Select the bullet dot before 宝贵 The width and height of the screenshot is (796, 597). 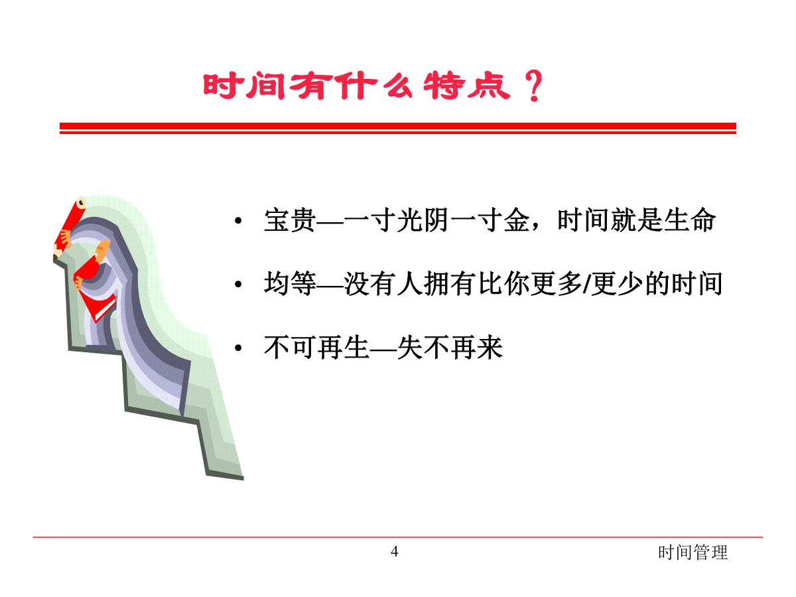pyautogui.click(x=238, y=220)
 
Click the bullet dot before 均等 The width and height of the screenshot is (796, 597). pyautogui.click(x=238, y=285)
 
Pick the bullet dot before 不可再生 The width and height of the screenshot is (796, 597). pyautogui.click(x=238, y=348)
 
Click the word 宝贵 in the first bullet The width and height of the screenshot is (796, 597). pyautogui.click(x=290, y=220)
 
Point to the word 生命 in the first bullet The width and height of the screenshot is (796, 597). pyautogui.click(x=690, y=220)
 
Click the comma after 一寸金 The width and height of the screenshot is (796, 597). pyautogui.click(x=536, y=228)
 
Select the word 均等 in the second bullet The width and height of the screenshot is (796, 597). pyautogui.click(x=290, y=284)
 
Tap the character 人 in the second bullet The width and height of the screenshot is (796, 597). pyautogui.click(x=410, y=284)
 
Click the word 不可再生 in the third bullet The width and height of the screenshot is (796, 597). pyautogui.click(x=316, y=348)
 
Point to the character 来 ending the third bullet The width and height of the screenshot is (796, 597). pyautogui.click(x=490, y=348)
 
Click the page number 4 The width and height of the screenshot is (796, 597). pyautogui.click(x=395, y=552)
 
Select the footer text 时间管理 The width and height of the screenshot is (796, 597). pyautogui.click(x=693, y=553)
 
